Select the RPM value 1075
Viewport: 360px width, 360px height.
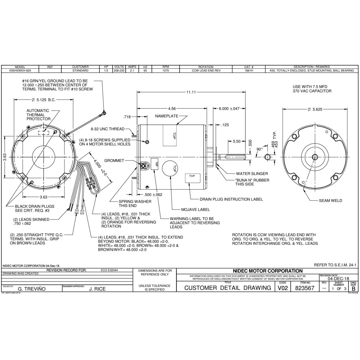click(166, 71)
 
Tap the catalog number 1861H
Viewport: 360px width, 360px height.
click(249, 71)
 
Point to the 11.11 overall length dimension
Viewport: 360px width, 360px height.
click(191, 93)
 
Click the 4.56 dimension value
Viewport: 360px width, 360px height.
click(172, 108)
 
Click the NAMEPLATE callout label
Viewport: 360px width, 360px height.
click(167, 116)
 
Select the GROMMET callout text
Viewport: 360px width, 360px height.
click(114, 161)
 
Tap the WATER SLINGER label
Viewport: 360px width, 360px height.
click(251, 173)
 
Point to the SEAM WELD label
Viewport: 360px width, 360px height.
click(330, 201)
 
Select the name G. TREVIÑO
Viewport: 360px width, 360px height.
click(31, 289)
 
